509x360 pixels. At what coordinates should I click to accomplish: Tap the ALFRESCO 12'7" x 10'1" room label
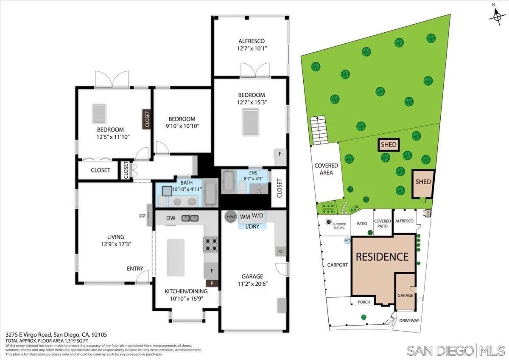251,45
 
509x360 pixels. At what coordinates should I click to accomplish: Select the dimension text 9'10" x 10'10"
182,126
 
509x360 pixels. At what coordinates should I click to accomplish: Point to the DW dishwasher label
171,218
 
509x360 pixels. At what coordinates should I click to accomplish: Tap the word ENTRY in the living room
135,269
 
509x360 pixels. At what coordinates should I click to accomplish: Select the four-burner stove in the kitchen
211,244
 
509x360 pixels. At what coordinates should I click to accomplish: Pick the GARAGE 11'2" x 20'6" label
252,280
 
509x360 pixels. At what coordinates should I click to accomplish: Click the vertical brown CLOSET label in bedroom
147,120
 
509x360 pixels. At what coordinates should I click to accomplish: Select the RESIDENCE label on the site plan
382,257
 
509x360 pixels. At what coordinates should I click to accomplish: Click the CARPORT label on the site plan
337,265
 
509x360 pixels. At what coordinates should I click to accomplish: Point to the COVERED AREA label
326,169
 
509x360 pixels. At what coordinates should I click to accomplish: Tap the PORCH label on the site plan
364,302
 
